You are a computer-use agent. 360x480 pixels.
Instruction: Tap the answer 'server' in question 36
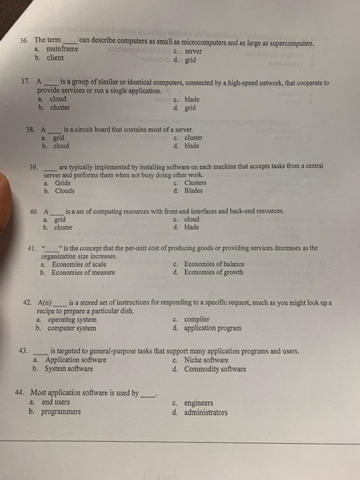tap(193, 50)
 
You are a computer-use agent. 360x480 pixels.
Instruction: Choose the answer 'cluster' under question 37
tap(58, 107)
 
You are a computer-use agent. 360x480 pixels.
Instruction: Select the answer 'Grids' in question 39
tap(62, 183)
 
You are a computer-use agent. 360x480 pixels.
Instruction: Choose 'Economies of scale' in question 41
tap(77, 264)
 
